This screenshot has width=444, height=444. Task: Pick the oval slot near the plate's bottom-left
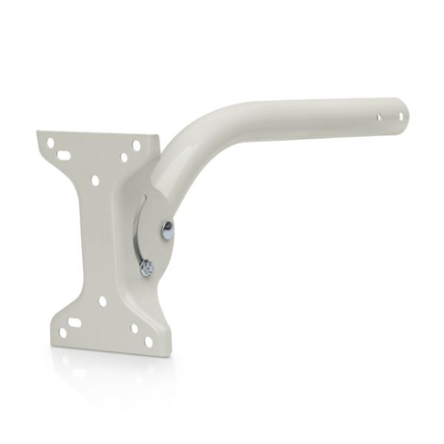click(76, 316)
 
